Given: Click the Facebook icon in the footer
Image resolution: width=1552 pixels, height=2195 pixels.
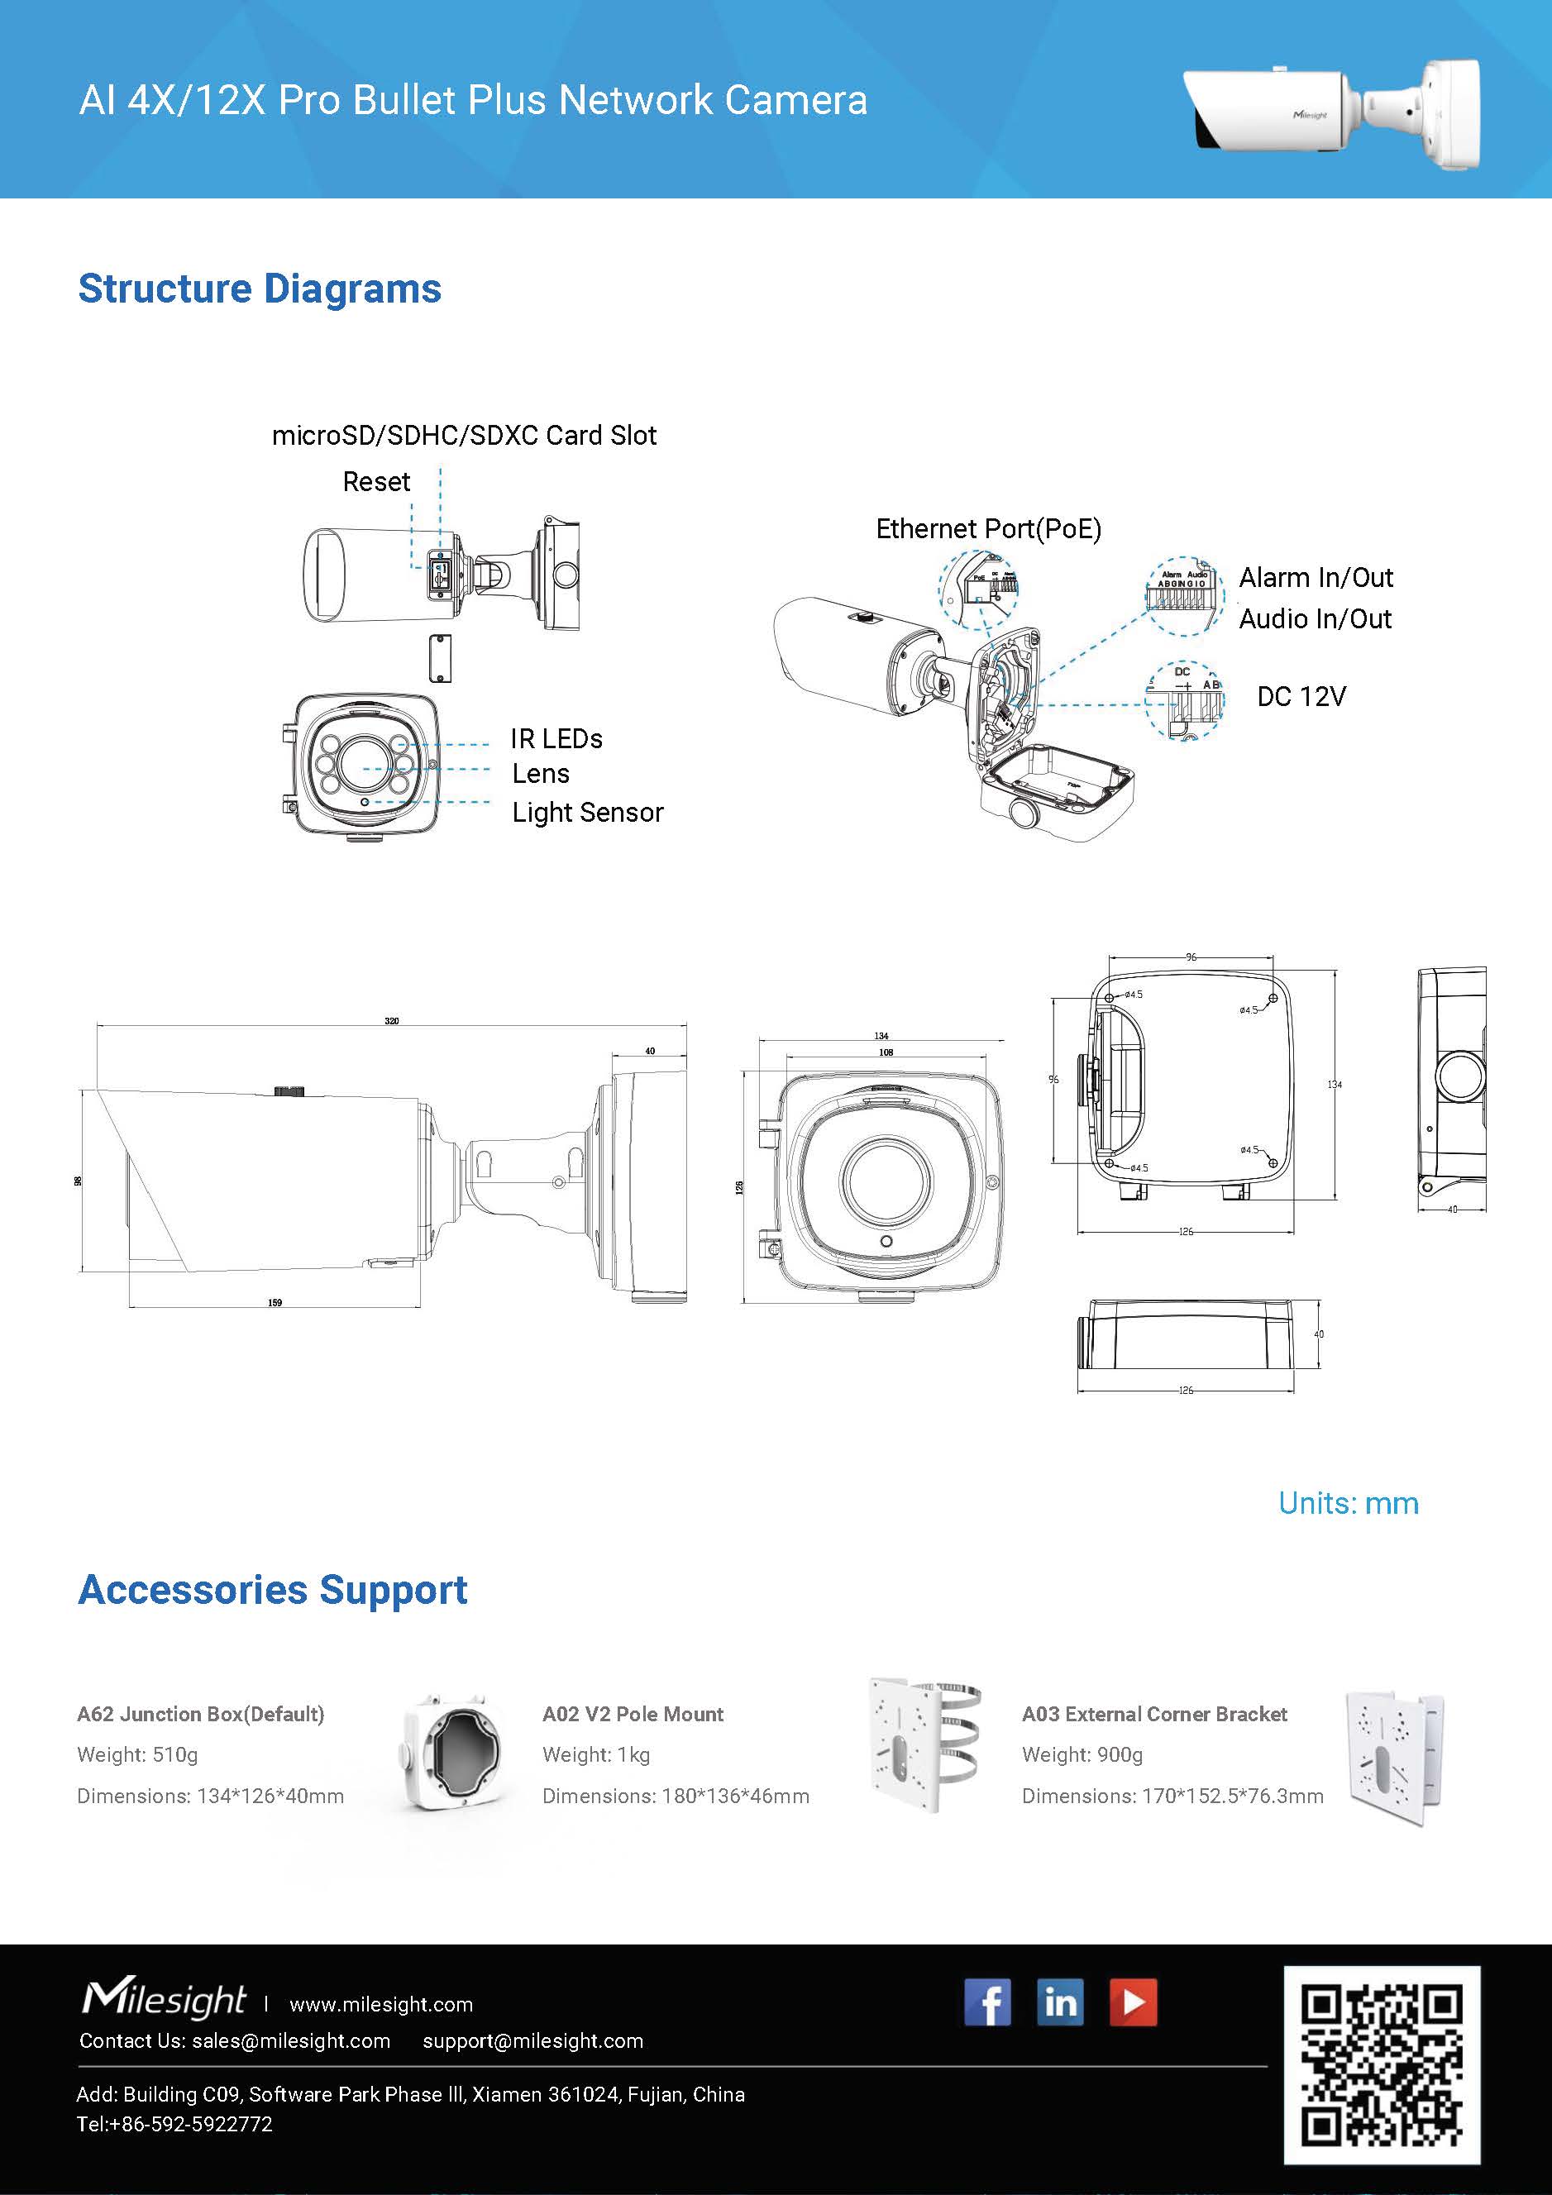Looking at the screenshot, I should point(988,2002).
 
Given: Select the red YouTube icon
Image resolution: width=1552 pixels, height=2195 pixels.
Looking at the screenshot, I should point(1133,2002).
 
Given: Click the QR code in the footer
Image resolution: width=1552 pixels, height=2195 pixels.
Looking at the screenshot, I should point(1381,2064).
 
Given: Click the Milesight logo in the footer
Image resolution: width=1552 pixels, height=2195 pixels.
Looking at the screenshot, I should point(164,2000).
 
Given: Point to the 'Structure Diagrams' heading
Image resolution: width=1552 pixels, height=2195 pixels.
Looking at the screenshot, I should point(260,289).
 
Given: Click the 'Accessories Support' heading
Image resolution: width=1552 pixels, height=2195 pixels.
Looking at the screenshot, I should point(273,1590).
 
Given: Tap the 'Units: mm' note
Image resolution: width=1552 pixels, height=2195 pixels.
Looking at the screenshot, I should point(1349,1503).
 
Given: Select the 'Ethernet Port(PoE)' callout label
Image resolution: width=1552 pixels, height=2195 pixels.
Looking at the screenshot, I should point(988,528).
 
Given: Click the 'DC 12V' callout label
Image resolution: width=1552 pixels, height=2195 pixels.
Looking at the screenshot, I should point(1301,696).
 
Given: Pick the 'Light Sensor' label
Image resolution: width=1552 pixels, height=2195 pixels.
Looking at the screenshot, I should point(587,813).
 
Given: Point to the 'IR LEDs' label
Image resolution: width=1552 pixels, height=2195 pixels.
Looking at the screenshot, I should point(556,739).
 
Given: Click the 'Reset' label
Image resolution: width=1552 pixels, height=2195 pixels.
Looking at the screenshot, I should point(376,482).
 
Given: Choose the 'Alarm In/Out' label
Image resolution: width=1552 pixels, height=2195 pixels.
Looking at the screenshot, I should point(1316,577).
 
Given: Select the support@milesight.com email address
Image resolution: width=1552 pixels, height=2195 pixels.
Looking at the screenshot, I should point(532,2041).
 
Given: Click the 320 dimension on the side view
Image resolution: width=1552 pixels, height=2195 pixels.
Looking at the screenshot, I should point(392,1021).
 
